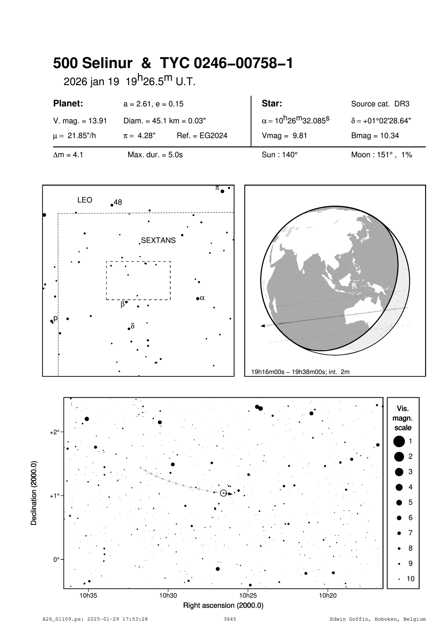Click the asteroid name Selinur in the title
(107, 63)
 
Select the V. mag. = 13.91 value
(80, 121)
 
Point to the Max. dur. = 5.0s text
(155, 155)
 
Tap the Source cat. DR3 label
(380, 104)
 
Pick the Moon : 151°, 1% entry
(381, 155)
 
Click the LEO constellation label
(85, 200)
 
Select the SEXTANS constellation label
(158, 241)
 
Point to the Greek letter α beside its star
(202, 297)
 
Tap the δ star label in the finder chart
(132, 326)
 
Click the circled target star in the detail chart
(223, 493)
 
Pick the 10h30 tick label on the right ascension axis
(168, 595)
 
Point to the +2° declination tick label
(54, 432)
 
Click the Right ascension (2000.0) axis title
(223, 605)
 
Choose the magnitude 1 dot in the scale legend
(399, 441)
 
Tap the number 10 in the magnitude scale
(411, 579)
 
